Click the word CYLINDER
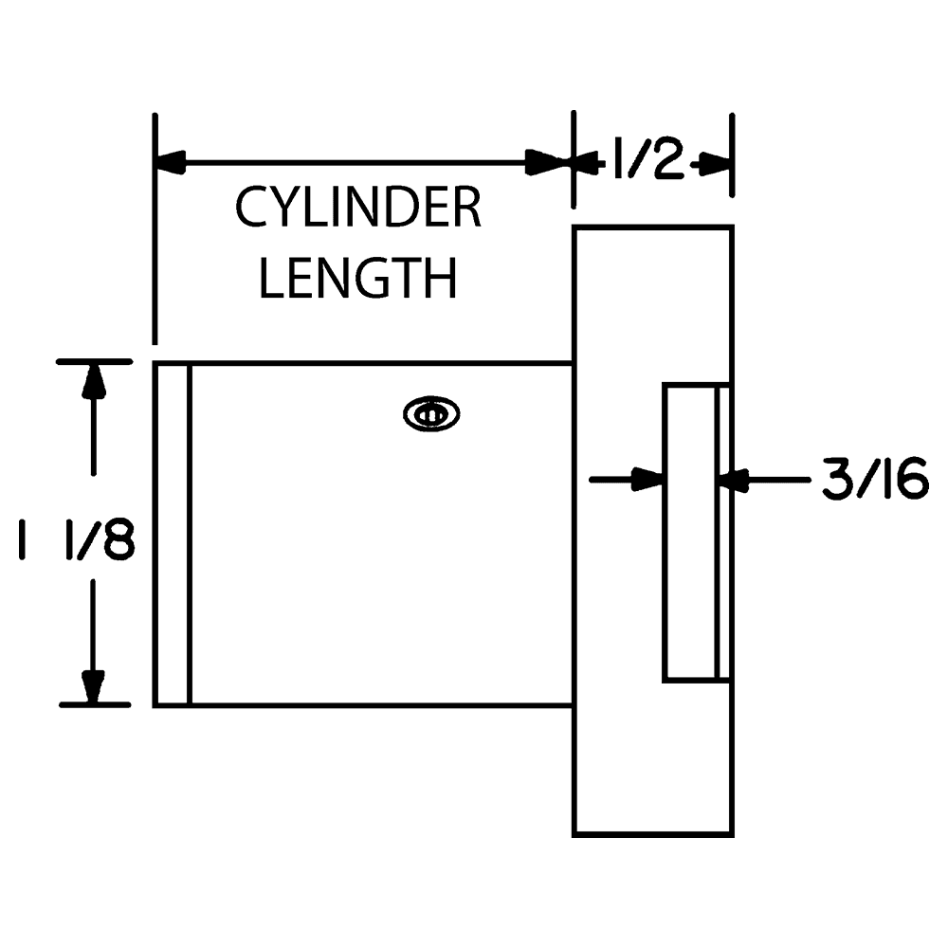(358, 209)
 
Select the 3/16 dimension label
(872, 481)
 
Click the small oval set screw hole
(431, 414)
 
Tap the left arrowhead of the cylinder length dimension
(171, 163)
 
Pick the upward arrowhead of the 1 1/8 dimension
(93, 380)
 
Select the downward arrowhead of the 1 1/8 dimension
(93, 684)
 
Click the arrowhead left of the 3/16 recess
(648, 480)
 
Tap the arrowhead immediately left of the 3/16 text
(736, 481)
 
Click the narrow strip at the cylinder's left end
(173, 534)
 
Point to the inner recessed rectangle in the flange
(690, 532)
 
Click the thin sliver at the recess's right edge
(723, 532)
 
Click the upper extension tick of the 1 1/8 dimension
(95, 361)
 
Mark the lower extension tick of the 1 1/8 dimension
(95, 704)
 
